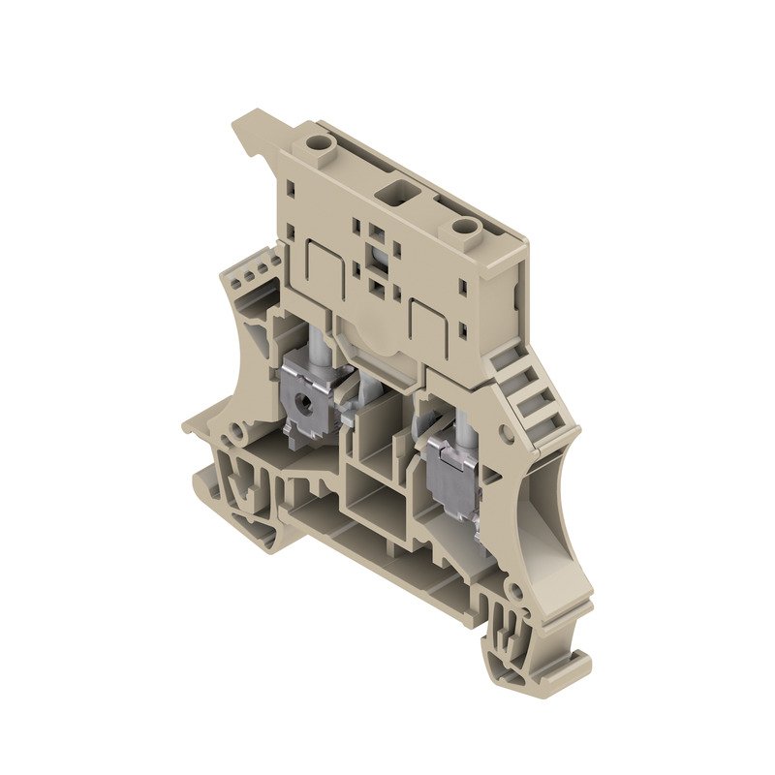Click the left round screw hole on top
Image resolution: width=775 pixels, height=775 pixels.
317,145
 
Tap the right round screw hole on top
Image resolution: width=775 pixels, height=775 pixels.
466,229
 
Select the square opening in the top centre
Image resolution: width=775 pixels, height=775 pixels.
394,187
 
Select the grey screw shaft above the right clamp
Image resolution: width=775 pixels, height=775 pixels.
461,419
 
